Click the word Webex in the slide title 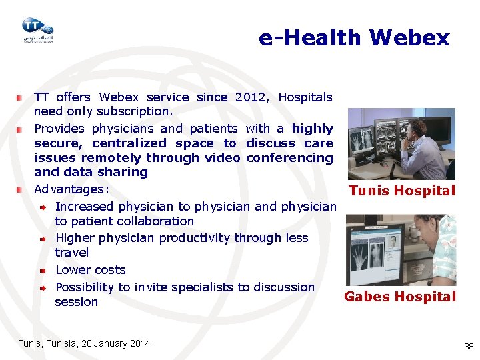[x=409, y=37]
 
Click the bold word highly [x=312, y=129]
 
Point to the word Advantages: [x=71, y=189]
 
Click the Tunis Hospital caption [x=401, y=191]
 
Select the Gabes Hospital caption [x=400, y=297]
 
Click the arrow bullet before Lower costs [x=41, y=271]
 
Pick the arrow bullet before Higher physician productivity [x=41, y=239]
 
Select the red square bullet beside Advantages [x=21, y=189]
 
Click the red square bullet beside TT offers [x=21, y=97]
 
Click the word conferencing [x=289, y=158]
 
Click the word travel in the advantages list [x=72, y=253]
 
